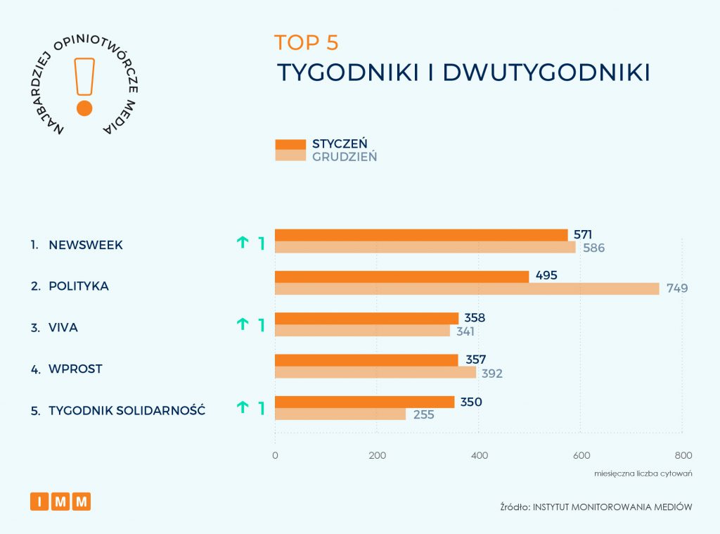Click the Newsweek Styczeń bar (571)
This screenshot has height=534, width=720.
[420, 235]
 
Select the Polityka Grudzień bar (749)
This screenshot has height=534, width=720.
[467, 288]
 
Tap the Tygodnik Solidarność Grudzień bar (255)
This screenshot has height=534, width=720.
[340, 414]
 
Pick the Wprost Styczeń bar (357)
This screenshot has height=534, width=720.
[366, 360]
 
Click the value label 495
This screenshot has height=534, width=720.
[546, 275]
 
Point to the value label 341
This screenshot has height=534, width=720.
[464, 331]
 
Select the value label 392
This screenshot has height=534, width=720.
[492, 374]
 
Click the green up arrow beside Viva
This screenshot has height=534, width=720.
[243, 324]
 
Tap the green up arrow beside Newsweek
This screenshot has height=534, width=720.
[243, 243]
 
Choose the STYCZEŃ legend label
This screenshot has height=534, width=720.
[340, 144]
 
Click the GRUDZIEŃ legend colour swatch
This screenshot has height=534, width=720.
[290, 155]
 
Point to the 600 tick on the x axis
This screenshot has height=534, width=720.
[581, 455]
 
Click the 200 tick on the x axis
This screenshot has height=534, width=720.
[377, 455]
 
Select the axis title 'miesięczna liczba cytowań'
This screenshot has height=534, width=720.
[643, 473]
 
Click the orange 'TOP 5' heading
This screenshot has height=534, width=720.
[307, 43]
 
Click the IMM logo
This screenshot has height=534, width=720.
[60, 502]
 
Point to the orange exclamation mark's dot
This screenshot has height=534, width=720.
[84, 108]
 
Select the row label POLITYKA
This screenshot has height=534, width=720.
[79, 286]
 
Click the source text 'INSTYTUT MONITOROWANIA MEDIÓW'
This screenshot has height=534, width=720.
[612, 506]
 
